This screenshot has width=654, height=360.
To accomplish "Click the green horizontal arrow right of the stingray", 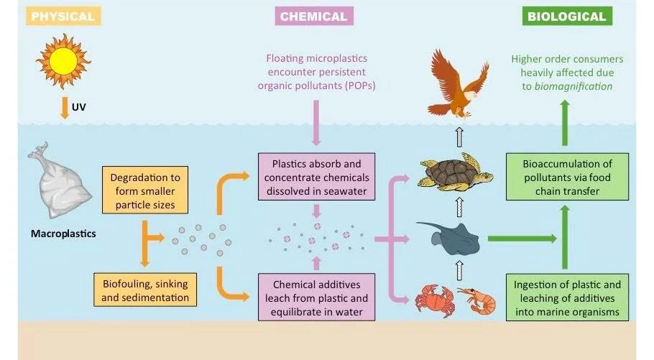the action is (520, 238).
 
